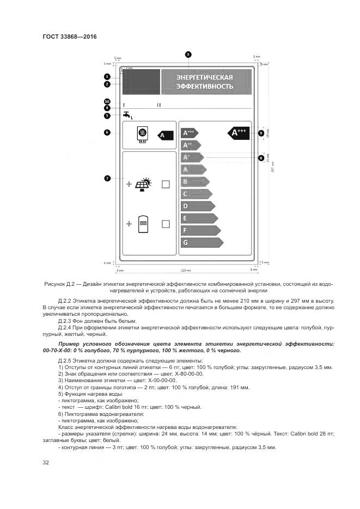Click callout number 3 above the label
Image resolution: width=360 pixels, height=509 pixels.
point(188,54)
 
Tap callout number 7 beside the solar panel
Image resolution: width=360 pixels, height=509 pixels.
point(107,178)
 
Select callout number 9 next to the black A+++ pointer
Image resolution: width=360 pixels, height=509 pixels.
point(261,133)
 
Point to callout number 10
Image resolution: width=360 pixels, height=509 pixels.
point(107,101)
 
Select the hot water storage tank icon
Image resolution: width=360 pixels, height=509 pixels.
point(144,224)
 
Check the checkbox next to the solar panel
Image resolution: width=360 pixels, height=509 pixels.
point(166,184)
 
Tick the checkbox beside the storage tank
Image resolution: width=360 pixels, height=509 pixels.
point(166,224)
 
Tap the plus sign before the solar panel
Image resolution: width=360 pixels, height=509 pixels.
point(129,184)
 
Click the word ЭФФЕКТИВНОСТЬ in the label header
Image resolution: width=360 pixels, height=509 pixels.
point(204,86)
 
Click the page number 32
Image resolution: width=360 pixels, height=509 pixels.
point(46,463)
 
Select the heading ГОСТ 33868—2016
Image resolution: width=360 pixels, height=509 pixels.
point(69,36)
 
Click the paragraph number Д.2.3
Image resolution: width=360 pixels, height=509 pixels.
point(66,321)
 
